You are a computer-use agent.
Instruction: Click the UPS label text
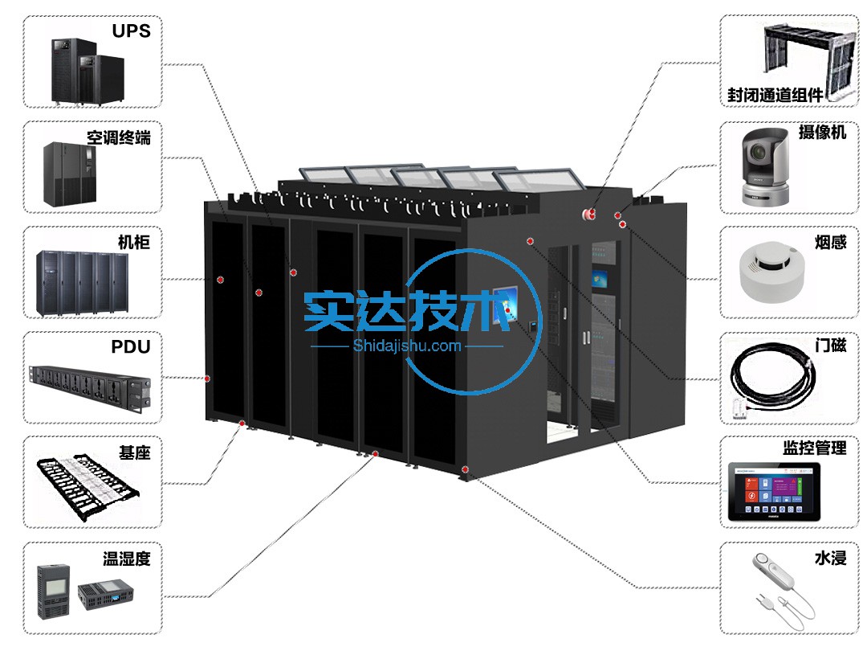click(x=131, y=31)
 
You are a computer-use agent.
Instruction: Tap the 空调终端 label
click(x=118, y=137)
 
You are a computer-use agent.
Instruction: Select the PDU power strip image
click(x=90, y=388)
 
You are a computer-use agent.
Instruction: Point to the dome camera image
click(x=765, y=167)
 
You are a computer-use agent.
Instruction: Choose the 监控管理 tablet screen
click(x=774, y=492)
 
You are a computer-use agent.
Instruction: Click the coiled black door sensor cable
click(x=772, y=380)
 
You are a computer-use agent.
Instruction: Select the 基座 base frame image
click(x=88, y=487)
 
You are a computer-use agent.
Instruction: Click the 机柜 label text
click(x=134, y=243)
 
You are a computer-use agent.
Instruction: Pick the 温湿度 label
click(x=127, y=559)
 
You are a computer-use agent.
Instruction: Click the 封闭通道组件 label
click(x=775, y=95)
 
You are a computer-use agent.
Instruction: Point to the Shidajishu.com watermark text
click(x=407, y=346)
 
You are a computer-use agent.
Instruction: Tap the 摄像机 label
click(x=822, y=133)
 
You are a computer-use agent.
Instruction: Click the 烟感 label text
click(x=831, y=243)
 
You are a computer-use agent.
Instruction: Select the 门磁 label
click(x=831, y=346)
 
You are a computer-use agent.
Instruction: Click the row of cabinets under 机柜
click(x=83, y=284)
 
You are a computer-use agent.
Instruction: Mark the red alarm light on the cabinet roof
click(x=589, y=213)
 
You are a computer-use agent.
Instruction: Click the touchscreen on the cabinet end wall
click(x=506, y=302)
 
